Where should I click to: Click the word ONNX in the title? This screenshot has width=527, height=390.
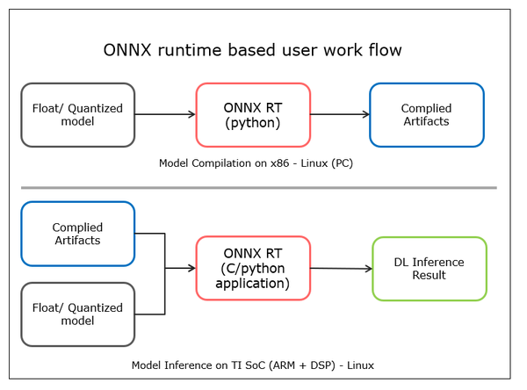click(127, 50)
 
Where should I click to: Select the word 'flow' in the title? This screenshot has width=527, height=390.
click(386, 50)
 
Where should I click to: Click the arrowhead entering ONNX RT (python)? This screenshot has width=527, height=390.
click(192, 115)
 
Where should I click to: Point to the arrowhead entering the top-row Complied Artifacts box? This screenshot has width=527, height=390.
click(366, 115)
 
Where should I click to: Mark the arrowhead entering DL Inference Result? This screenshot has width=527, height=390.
click(369, 269)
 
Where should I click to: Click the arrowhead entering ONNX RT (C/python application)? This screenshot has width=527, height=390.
click(192, 268)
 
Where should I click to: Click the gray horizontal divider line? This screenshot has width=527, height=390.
click(259, 188)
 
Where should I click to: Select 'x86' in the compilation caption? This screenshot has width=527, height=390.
click(280, 163)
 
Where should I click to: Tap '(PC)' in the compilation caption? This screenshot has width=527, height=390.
click(343, 163)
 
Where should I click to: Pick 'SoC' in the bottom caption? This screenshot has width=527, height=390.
click(255, 365)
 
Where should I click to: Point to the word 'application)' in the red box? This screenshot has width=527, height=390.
click(252, 284)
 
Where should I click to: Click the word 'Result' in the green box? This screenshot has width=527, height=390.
click(429, 275)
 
